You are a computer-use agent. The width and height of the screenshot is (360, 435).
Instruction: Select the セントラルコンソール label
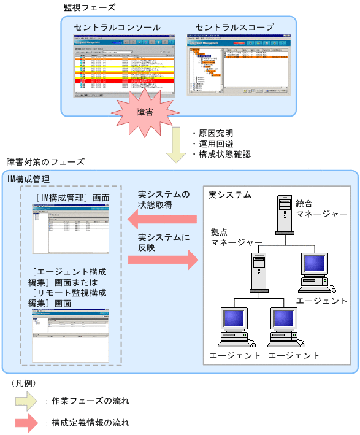pos(117,28)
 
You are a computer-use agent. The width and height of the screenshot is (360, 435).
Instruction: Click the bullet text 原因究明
pos(215,133)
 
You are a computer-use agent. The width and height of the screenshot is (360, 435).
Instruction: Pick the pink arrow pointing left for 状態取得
pos(162,218)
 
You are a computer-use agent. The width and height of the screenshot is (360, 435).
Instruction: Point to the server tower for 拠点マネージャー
pos(258,273)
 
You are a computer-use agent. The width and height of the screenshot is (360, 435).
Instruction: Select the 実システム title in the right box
pos(230,195)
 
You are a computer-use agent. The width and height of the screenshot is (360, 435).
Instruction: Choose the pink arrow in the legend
pos(26,423)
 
